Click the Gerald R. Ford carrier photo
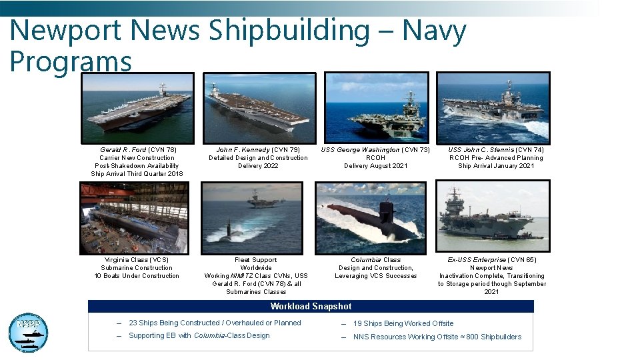[x=137, y=107]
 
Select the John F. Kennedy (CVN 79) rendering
[x=258, y=107]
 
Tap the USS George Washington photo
[x=376, y=107]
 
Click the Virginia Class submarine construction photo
[x=135, y=218]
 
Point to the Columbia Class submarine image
[x=370, y=218]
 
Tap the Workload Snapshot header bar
[x=311, y=307]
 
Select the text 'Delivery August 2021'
[x=375, y=166]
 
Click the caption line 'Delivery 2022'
[x=258, y=166]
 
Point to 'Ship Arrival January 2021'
[x=495, y=166]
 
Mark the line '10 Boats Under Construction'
[x=137, y=276]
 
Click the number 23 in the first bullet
[x=133, y=323]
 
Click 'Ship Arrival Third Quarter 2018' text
[x=137, y=174]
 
